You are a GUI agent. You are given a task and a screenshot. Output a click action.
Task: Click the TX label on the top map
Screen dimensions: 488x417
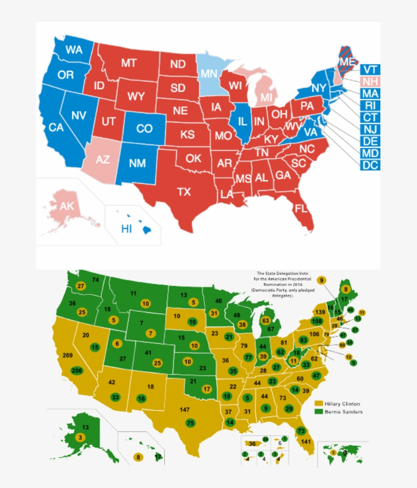pos(184,192)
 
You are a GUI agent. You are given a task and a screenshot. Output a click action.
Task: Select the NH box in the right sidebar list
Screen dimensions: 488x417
pos(370,82)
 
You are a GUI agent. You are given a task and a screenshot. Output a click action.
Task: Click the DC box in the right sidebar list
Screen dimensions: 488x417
pos(370,165)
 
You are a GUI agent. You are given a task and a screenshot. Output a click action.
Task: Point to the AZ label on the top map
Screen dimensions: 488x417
pos(103,159)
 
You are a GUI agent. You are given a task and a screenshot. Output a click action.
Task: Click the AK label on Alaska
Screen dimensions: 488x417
pos(67,206)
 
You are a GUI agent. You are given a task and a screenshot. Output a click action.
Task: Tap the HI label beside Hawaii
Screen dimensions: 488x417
pos(127,229)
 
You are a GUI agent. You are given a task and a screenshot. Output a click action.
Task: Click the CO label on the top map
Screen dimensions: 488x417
pos(144,129)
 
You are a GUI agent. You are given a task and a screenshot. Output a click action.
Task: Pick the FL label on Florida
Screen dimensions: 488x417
pos(301,208)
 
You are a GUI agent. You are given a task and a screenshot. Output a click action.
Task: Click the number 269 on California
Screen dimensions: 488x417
pos(67,355)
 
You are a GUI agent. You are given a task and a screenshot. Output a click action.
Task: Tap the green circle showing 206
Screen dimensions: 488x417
pos(77,371)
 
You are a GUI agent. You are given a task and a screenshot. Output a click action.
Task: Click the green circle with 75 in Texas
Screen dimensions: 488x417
pos(190,422)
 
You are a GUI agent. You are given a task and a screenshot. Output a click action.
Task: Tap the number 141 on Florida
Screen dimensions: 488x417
pos(306,442)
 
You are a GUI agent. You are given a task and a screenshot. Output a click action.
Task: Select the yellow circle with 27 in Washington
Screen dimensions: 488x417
pos(80,286)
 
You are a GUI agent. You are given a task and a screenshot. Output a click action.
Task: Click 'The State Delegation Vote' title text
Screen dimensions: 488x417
pos(275,273)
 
